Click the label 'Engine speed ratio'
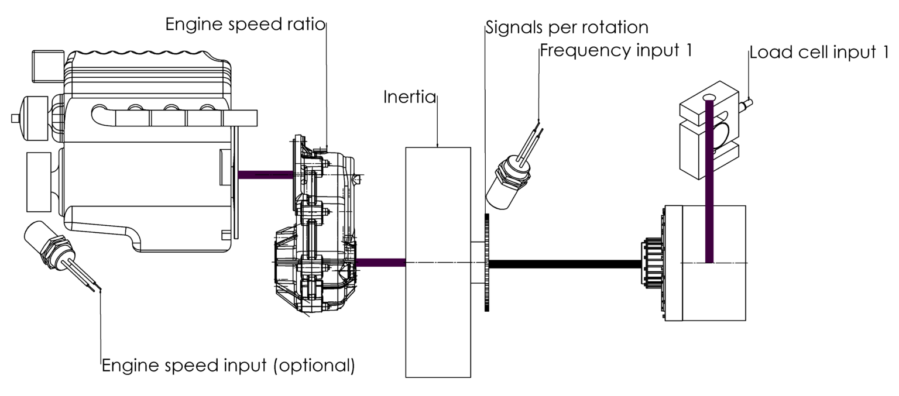[x=245, y=25]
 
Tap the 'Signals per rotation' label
[x=567, y=27]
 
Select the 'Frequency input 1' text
[x=616, y=50]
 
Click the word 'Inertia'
[x=410, y=97]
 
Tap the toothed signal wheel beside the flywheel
[x=486, y=263]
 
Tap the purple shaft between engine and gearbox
[x=265, y=174]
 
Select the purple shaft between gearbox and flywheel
[x=380, y=263]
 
